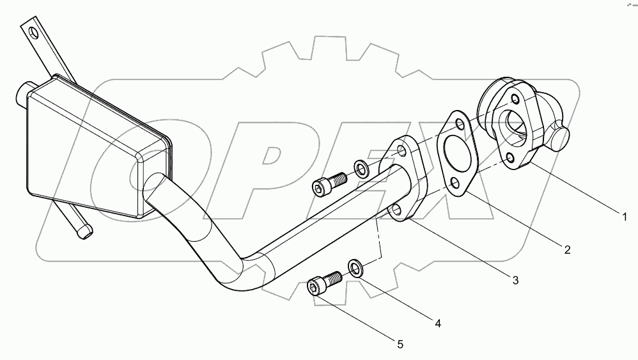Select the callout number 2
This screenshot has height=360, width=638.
[x=566, y=249]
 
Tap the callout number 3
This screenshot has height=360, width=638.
[x=514, y=279]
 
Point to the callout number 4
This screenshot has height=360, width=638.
[x=437, y=324]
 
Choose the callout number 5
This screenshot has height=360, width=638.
[x=400, y=344]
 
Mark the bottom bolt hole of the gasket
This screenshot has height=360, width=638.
[x=454, y=185]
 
